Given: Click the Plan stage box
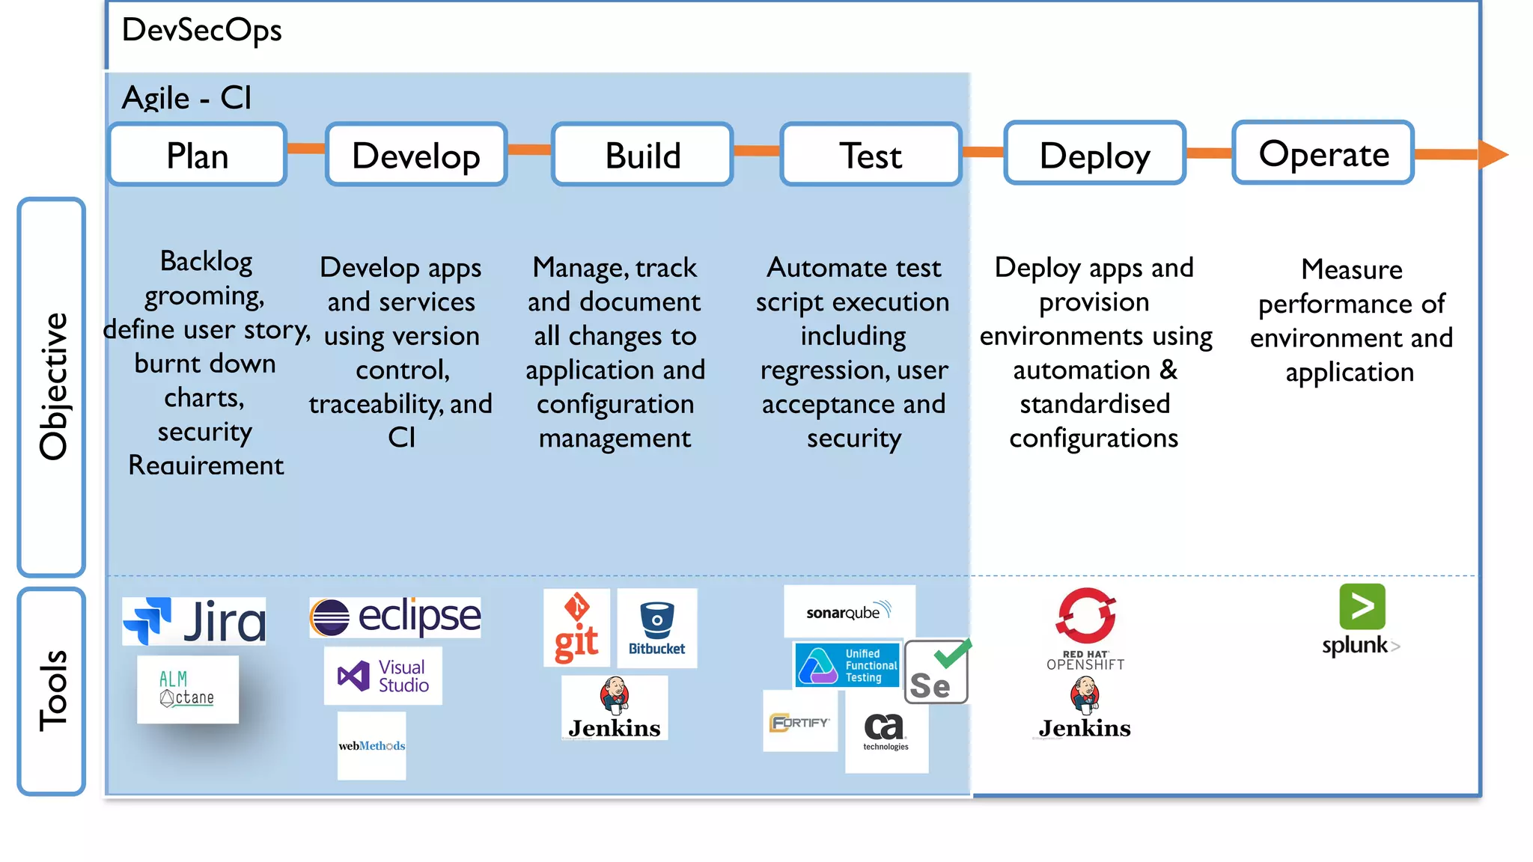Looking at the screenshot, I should pyautogui.click(x=198, y=155).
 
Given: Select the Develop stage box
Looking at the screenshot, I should pyautogui.click(x=416, y=155).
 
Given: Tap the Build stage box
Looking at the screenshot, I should pyautogui.click(x=642, y=155).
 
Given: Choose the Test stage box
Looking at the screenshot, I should pyautogui.click(x=871, y=155).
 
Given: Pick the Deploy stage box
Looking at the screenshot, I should pyautogui.click(x=1094, y=154).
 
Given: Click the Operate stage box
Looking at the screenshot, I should pyautogui.click(x=1323, y=153).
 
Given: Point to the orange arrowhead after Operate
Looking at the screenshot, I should pyautogui.click(x=1493, y=154).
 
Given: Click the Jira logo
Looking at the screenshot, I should pyautogui.click(x=195, y=621).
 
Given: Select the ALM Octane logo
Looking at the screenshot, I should pyautogui.click(x=187, y=689).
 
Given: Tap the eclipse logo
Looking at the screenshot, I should pyautogui.click(x=395, y=617).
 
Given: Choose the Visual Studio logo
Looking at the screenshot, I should pyautogui.click(x=383, y=676).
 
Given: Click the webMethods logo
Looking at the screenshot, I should pyautogui.click(x=371, y=745).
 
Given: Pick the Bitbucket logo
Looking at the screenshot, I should pyautogui.click(x=656, y=628).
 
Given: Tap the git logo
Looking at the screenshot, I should pyautogui.click(x=576, y=628).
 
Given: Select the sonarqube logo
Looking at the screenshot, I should pyautogui.click(x=849, y=611).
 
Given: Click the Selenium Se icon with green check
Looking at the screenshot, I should pyautogui.click(x=936, y=671).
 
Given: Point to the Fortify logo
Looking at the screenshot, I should pyautogui.click(x=799, y=722).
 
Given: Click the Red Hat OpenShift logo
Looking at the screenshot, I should pyautogui.click(x=1085, y=629).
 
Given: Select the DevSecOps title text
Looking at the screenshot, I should pyautogui.click(x=201, y=31).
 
